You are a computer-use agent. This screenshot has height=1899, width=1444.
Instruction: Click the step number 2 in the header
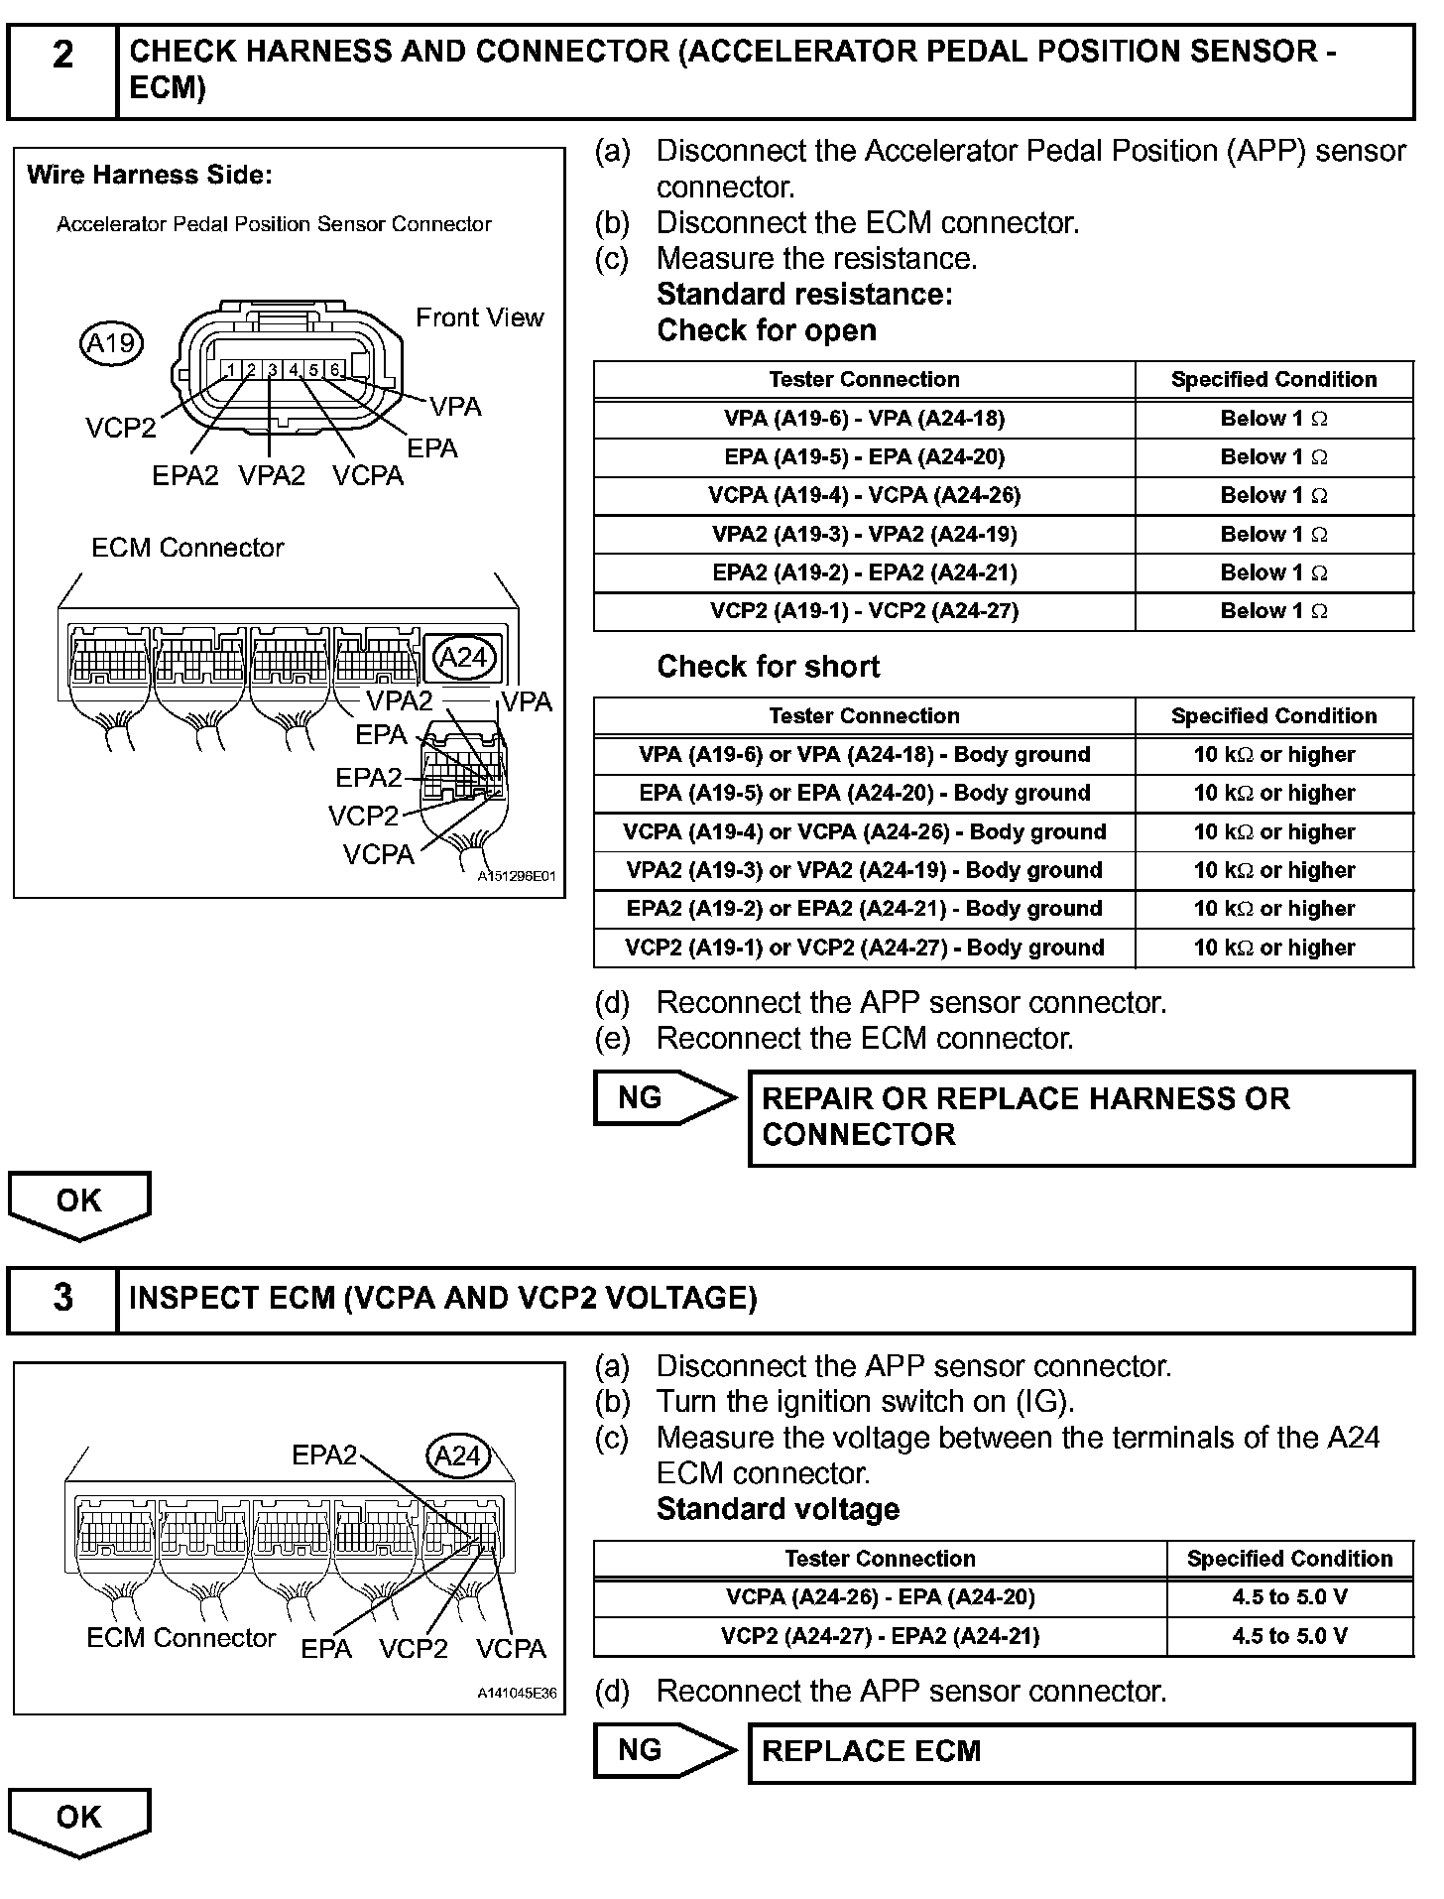(62, 56)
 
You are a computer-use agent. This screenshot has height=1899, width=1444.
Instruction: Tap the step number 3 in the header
(62, 1297)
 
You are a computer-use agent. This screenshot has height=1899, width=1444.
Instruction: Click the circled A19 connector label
(110, 343)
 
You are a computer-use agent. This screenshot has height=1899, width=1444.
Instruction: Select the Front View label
(479, 317)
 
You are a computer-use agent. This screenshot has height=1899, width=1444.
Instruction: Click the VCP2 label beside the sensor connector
(120, 428)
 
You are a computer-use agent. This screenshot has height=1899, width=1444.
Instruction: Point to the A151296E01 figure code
(516, 877)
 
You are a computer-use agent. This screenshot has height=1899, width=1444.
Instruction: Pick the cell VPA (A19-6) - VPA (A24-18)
(864, 419)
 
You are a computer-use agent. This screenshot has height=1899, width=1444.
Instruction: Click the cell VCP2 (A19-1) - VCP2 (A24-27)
(864, 611)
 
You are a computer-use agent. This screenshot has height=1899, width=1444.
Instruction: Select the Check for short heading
(768, 667)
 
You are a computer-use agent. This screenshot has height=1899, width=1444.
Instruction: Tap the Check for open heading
(767, 330)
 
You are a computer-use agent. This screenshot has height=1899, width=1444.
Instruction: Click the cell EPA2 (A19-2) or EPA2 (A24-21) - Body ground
(864, 909)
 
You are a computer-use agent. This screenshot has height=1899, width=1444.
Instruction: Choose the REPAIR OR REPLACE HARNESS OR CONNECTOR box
(1080, 1117)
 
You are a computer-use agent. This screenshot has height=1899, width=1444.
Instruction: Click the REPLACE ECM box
(1080, 1751)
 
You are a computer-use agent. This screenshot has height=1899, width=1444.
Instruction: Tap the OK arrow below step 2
(79, 1203)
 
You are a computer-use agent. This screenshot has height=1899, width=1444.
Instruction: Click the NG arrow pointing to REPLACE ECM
(662, 1750)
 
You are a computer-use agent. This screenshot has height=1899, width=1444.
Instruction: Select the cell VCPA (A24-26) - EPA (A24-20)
(880, 1597)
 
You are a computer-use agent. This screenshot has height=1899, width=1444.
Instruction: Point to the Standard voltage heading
(778, 1509)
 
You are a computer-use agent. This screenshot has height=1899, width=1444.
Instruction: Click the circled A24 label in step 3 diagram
(458, 1456)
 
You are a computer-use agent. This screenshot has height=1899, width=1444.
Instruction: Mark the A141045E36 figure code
(516, 1694)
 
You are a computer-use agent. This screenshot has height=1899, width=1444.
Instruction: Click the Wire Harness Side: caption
(150, 176)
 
